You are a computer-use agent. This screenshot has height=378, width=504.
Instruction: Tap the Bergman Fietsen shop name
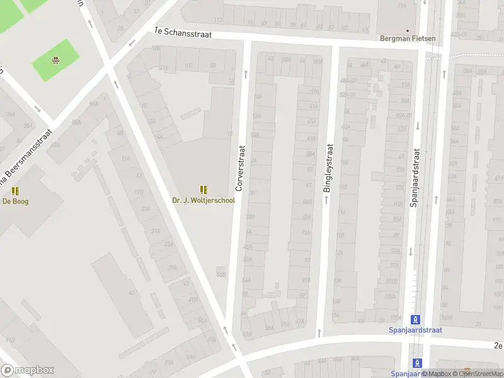coord(408,38)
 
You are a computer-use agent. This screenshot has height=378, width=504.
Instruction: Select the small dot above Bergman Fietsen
coord(408,30)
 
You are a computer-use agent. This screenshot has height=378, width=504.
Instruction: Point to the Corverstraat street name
coord(239,168)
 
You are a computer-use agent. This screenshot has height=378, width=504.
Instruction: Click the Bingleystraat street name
coord(328,168)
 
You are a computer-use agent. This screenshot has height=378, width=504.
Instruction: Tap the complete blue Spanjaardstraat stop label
coord(415,329)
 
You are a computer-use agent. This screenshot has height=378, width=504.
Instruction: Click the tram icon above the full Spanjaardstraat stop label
coord(415,319)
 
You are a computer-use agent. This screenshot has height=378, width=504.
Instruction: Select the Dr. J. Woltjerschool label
coord(203,201)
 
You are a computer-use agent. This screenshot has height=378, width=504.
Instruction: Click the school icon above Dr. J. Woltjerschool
coord(203,190)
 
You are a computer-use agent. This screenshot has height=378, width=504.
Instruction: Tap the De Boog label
coord(16,202)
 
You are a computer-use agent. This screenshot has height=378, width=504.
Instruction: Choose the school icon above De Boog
coord(16,191)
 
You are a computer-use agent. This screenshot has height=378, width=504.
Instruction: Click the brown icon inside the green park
coord(55,60)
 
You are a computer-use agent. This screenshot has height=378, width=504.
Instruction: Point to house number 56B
coord(220,274)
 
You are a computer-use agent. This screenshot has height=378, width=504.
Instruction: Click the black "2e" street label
coord(498,345)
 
